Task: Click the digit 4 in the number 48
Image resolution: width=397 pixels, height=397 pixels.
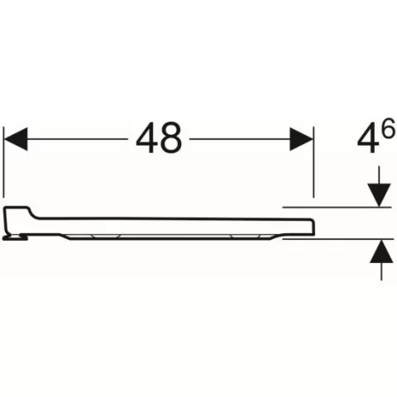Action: tap(147, 137)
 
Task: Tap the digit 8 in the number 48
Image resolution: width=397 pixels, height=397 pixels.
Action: tap(171, 137)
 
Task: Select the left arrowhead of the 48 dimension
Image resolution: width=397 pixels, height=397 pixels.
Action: tap(16, 139)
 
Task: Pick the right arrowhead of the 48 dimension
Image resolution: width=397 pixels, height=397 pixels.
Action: tap(301, 139)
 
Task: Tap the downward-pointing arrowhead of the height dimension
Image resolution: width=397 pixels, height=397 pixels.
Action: tap(380, 195)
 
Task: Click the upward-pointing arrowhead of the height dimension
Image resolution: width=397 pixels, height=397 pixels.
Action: tap(381, 251)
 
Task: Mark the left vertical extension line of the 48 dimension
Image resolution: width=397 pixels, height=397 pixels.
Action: tap(3, 162)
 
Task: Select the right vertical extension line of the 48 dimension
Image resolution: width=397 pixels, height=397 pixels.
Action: tap(313, 162)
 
